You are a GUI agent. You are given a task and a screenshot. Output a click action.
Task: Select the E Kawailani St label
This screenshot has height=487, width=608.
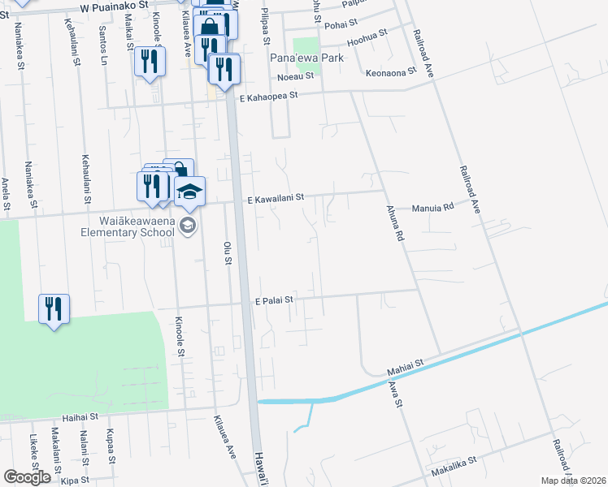(275, 197)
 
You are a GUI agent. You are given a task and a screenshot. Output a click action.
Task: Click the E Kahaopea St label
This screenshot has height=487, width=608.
(269, 95)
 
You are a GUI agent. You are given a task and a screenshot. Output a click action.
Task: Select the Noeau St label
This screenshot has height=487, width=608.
(296, 77)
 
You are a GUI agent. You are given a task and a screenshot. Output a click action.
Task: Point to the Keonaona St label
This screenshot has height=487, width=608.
(391, 71)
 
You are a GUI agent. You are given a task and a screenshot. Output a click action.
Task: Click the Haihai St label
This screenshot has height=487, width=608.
(80, 417)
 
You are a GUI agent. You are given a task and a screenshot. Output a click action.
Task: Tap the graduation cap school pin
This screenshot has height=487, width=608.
(189, 192)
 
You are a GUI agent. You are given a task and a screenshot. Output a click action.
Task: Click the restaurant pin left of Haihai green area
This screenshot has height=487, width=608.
(54, 309)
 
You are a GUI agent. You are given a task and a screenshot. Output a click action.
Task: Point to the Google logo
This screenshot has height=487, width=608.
(27, 477)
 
